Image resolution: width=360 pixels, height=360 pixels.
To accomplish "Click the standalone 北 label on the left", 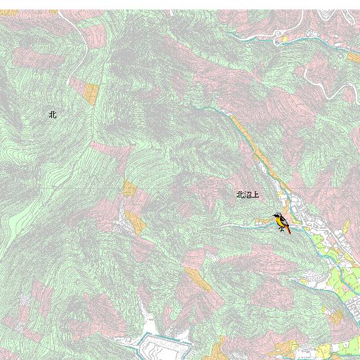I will click(52, 114).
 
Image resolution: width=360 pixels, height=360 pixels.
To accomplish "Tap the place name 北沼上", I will click(247, 195).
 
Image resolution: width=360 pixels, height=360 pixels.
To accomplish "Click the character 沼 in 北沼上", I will click(247, 195).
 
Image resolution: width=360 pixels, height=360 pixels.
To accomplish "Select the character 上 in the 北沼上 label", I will click(255, 195).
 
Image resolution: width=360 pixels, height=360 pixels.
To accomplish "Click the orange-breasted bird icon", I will click(281, 222).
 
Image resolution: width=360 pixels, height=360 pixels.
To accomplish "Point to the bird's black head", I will click(276, 216).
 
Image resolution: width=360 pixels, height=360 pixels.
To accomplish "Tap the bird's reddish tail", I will click(287, 230).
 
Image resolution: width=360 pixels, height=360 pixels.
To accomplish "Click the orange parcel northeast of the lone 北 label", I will click(91, 94).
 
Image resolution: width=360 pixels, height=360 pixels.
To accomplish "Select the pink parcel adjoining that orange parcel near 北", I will click(77, 84).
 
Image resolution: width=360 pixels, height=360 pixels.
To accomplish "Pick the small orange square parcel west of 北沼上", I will click(129, 187).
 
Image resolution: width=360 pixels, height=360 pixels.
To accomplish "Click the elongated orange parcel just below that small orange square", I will click(136, 222).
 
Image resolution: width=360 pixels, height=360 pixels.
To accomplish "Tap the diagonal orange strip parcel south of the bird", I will click(197, 279).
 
